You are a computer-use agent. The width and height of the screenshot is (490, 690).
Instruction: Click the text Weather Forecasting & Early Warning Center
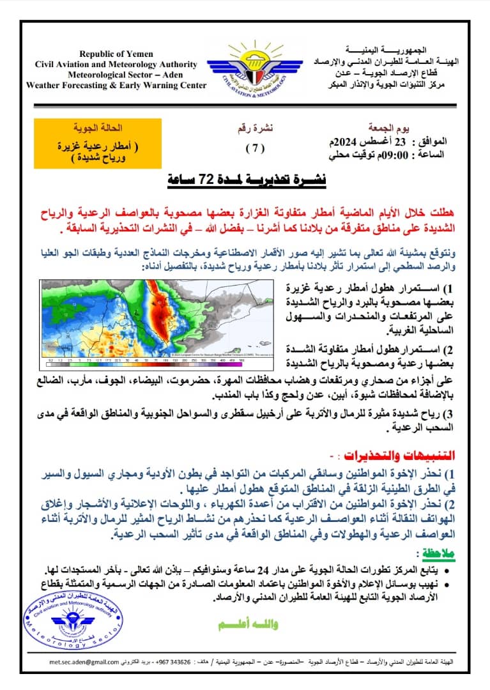click(x=116, y=85)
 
